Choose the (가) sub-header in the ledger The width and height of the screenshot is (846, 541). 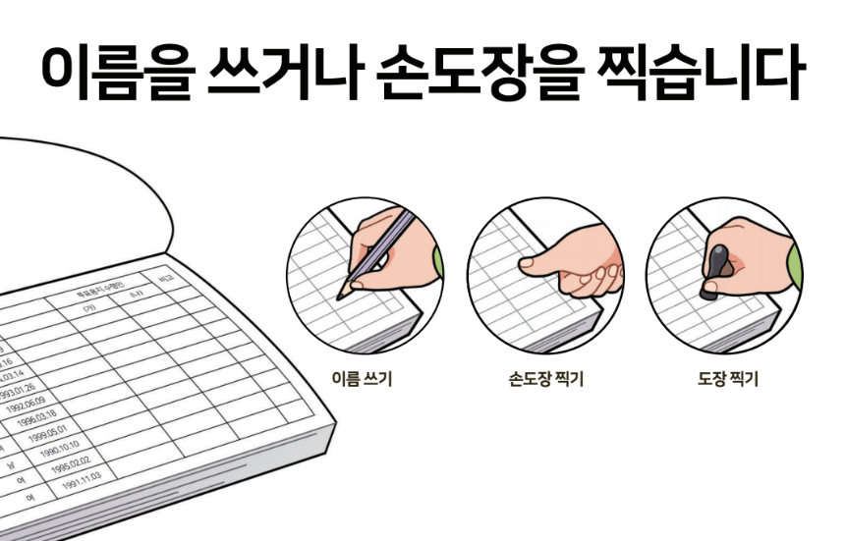89,307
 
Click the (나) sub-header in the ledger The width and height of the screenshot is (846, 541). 136,296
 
